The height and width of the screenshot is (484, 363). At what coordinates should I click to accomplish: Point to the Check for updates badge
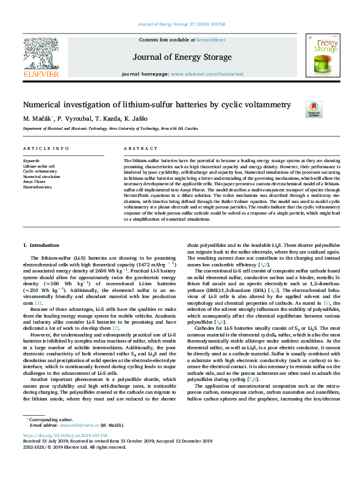(330, 110)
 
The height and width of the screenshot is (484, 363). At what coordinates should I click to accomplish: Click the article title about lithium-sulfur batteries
(157, 105)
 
